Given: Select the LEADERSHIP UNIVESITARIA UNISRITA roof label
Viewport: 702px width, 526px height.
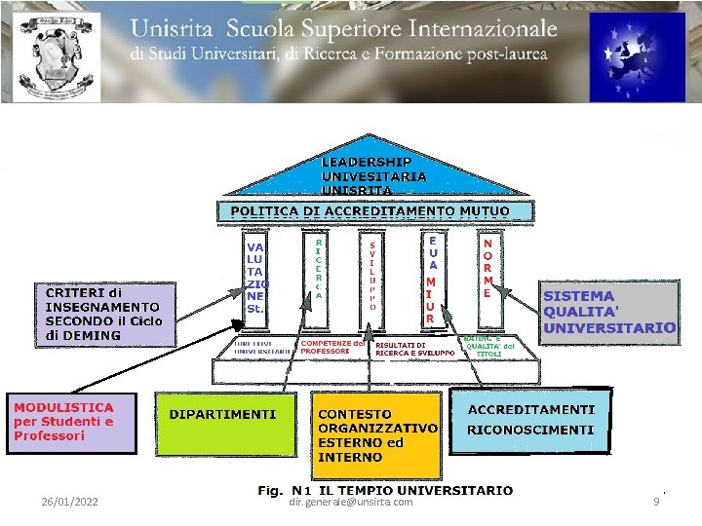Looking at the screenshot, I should tap(374, 176).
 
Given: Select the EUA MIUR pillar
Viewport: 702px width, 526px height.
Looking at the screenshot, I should tap(430, 278).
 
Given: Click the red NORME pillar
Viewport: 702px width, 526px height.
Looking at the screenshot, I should tap(487, 264).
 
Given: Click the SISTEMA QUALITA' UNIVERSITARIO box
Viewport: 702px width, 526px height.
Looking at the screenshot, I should tap(608, 312).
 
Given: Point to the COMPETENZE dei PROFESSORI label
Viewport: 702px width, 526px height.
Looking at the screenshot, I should tap(331, 347).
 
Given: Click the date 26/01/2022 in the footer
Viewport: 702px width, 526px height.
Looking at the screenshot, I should tap(69, 502).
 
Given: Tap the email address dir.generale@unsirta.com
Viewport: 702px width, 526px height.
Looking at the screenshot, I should tap(351, 502).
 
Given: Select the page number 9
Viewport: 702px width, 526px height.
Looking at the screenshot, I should tap(656, 502).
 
